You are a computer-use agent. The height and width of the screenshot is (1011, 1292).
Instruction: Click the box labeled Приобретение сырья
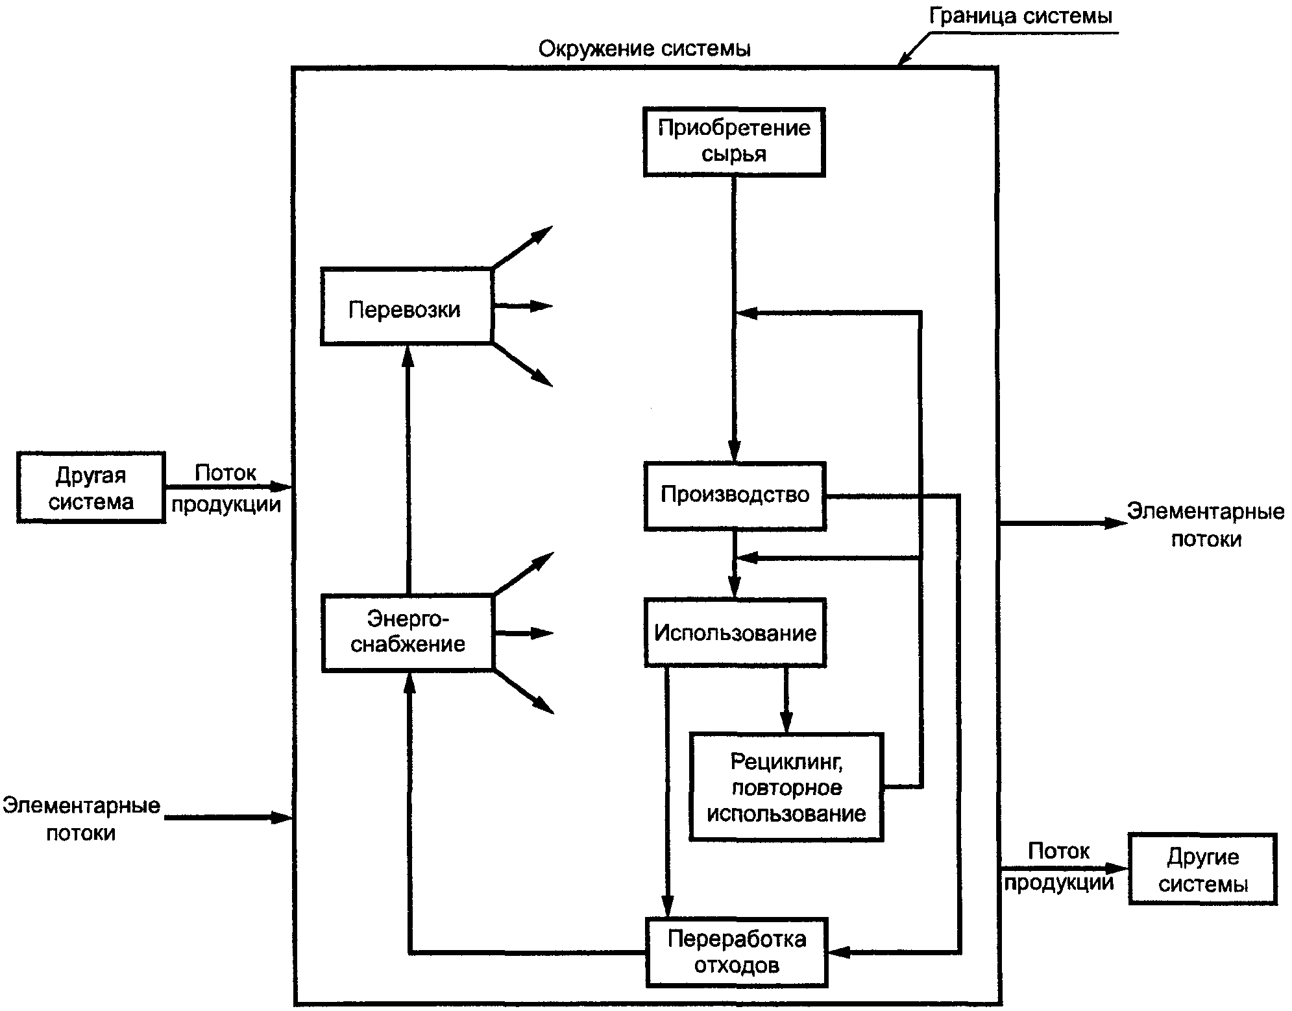[734, 142]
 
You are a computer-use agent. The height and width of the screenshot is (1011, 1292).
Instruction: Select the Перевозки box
[407, 306]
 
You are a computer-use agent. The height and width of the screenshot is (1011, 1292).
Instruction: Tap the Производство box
[735, 496]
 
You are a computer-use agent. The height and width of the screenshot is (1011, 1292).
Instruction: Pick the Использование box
[735, 633]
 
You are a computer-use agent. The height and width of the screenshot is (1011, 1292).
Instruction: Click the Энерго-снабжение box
[408, 632]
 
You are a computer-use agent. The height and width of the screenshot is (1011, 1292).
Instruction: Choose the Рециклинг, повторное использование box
[786, 787]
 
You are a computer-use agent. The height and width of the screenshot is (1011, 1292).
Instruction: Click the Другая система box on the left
[91, 487]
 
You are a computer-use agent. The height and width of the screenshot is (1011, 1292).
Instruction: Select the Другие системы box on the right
[1203, 870]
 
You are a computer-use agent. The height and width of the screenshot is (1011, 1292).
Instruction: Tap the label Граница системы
[1020, 16]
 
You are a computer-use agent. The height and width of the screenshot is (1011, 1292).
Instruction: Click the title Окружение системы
[644, 49]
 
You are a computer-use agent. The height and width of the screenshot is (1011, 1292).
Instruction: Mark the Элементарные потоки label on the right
[1206, 525]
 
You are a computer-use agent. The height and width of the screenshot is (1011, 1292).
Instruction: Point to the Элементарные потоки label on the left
[81, 819]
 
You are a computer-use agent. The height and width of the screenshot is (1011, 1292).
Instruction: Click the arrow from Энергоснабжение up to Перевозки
[408, 470]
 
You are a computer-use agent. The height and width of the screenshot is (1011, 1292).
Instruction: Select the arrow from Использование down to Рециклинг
[786, 700]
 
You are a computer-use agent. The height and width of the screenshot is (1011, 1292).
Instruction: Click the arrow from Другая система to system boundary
[229, 486]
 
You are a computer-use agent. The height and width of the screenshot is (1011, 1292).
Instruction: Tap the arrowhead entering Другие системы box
[1118, 868]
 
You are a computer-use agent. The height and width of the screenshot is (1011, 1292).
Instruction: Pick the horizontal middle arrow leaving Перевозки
[523, 305]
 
